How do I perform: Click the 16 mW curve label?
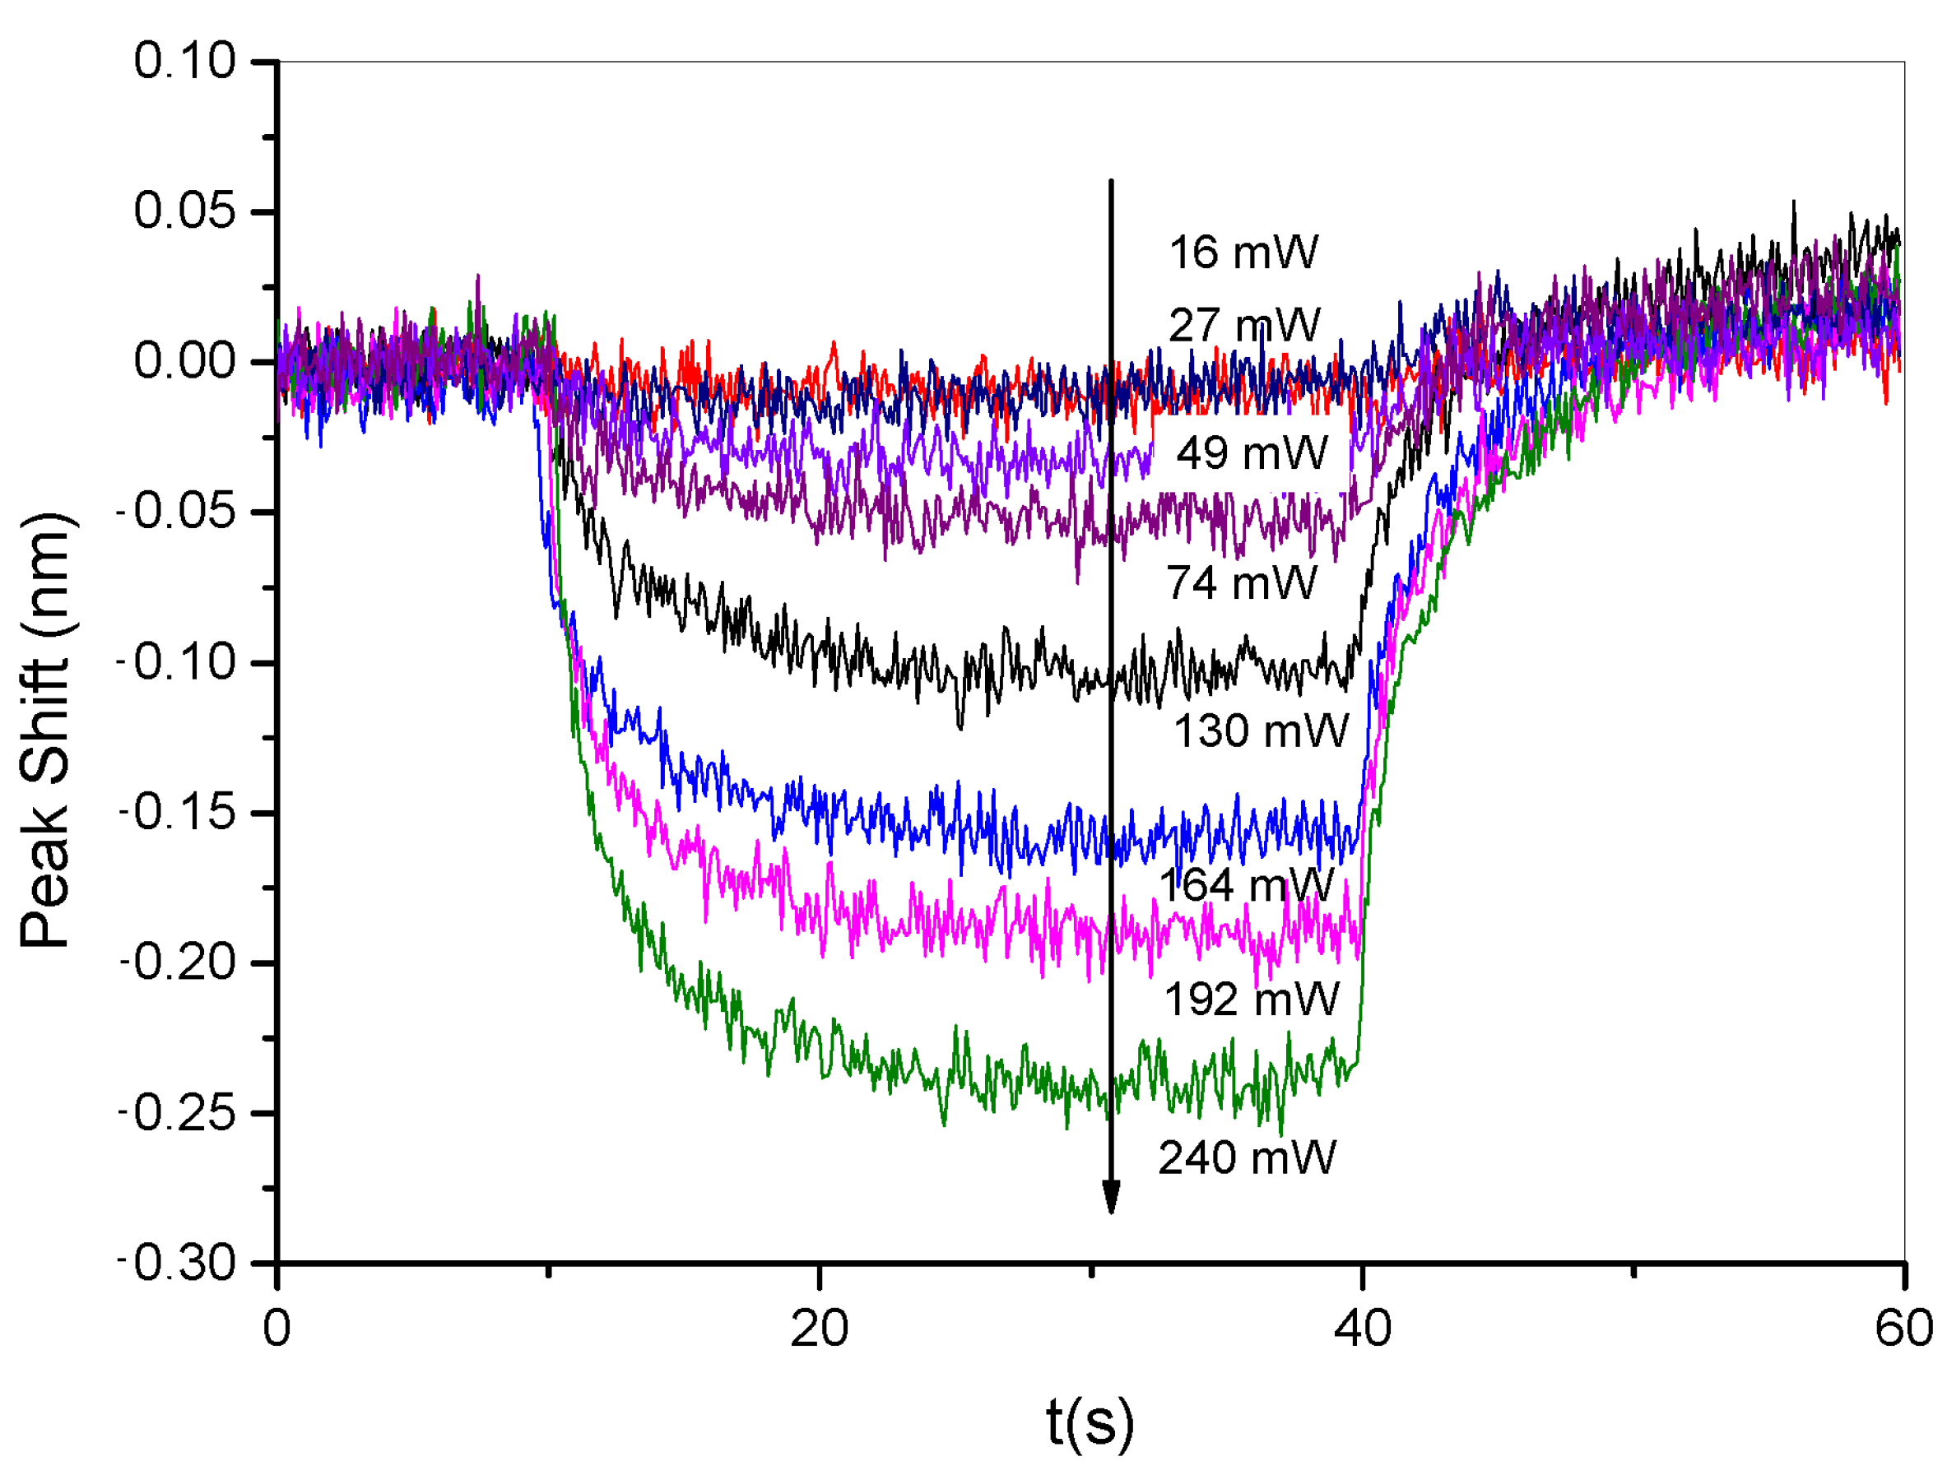tap(1243, 253)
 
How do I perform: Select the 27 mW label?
tap(1243, 326)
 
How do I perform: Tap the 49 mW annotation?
tap(1251, 453)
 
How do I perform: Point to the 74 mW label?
tap(1241, 582)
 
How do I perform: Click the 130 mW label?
tap(1261, 731)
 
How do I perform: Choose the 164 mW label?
tap(1246, 884)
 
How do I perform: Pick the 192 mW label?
tap(1251, 1000)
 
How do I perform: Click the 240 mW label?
tap(1247, 1158)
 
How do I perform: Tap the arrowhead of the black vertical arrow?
tap(1111, 1198)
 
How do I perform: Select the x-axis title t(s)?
tap(1090, 1422)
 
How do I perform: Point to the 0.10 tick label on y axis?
tap(185, 62)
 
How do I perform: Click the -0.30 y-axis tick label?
tap(178, 1264)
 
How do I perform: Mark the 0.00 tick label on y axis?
tap(185, 362)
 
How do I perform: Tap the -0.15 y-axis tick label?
tap(178, 812)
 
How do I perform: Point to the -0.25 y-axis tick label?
tap(178, 1114)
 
